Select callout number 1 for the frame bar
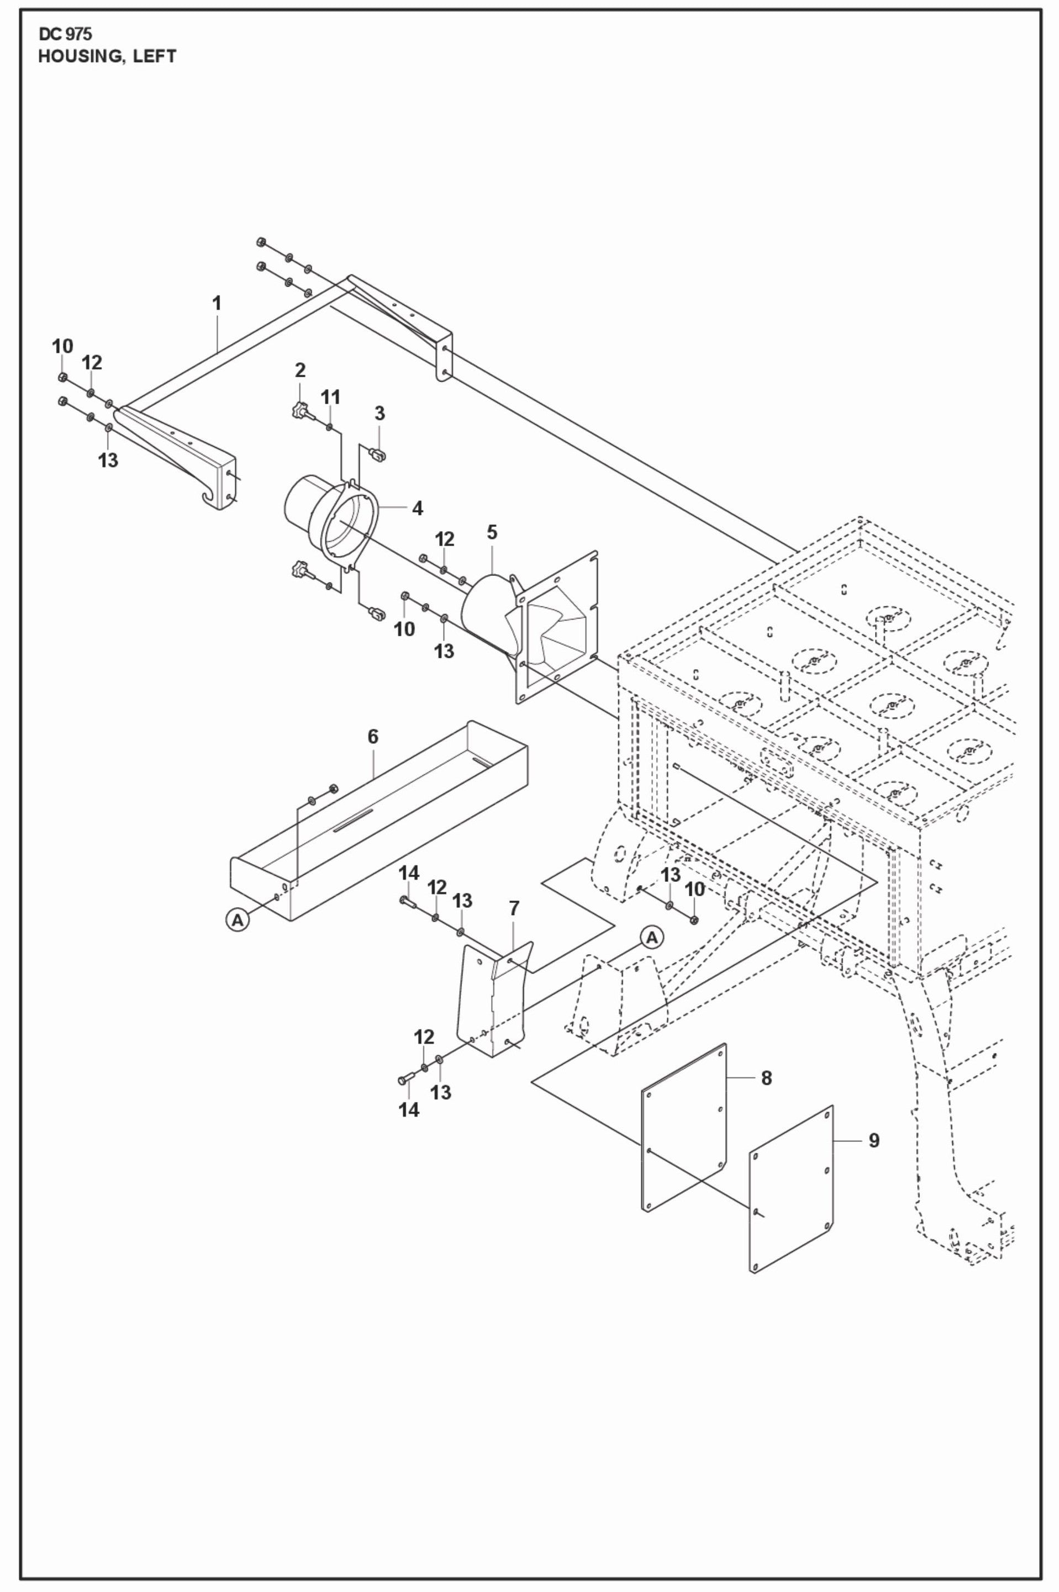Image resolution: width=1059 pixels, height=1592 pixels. coord(217,304)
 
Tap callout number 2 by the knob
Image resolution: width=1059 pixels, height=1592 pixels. coord(300,369)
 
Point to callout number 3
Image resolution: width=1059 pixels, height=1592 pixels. coord(380,412)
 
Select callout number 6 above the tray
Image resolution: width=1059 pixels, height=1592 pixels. coord(373,737)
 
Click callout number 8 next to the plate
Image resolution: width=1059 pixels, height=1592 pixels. coord(766,1077)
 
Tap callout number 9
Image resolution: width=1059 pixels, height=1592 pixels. coord(873,1140)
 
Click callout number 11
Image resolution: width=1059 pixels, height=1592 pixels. coord(330,397)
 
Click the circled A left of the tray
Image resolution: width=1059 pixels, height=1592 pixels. coord(236,919)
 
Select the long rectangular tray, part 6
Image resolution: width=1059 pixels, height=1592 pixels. coord(378,824)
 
